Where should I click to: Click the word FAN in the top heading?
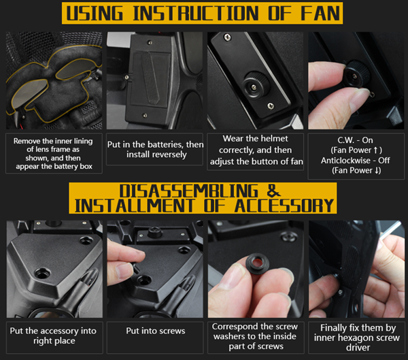click(x=320, y=13)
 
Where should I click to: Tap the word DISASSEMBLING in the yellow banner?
click(x=189, y=191)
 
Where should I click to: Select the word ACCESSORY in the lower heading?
click(x=284, y=206)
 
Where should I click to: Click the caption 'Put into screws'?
click(x=156, y=331)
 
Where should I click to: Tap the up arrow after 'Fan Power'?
click(x=375, y=150)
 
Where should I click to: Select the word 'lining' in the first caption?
click(x=83, y=141)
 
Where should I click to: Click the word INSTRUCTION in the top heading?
click(x=196, y=13)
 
